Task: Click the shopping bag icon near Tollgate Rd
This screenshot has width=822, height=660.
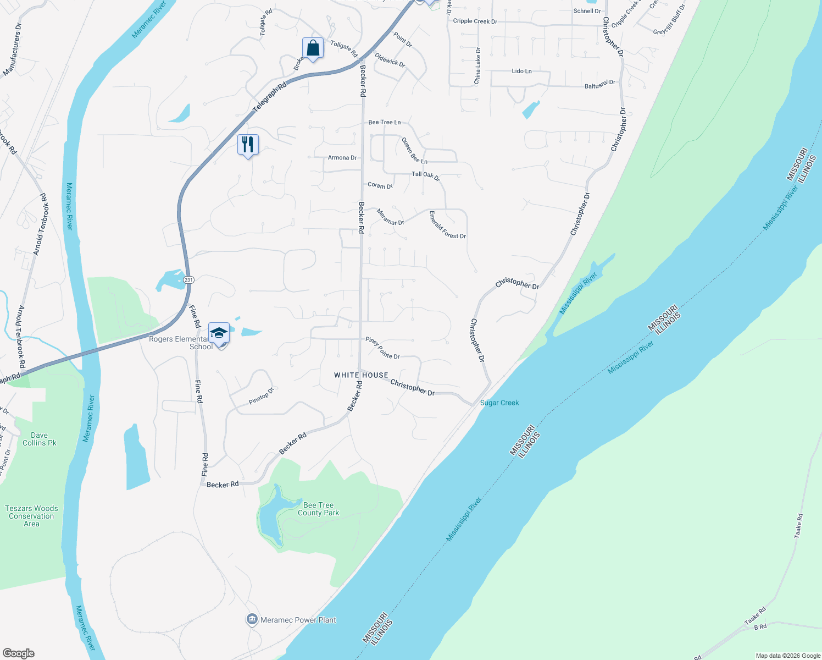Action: tap(313, 48)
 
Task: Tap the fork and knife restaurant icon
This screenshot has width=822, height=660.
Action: tap(248, 144)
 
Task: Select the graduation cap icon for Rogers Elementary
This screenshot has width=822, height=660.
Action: tap(219, 333)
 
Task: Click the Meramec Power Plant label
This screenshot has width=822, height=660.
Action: tap(298, 620)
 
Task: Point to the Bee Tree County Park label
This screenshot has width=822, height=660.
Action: tap(318, 509)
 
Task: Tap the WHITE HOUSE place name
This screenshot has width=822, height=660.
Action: tap(361, 375)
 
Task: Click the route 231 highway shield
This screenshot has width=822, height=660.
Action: tap(188, 279)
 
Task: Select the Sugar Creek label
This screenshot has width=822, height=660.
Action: tap(499, 403)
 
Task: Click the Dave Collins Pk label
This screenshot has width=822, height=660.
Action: tap(39, 439)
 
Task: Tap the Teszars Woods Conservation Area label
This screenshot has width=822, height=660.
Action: tap(31, 516)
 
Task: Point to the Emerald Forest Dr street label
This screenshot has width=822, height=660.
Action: tap(447, 225)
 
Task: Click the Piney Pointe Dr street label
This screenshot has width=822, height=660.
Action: tap(382, 349)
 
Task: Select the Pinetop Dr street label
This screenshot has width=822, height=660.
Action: tap(261, 397)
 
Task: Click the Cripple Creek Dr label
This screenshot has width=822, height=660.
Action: tap(475, 21)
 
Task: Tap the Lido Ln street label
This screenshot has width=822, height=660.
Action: tap(521, 71)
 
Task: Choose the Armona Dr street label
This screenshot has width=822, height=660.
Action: tap(342, 158)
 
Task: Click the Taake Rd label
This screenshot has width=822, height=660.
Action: tap(798, 525)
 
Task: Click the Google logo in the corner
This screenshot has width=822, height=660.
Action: tap(18, 653)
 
